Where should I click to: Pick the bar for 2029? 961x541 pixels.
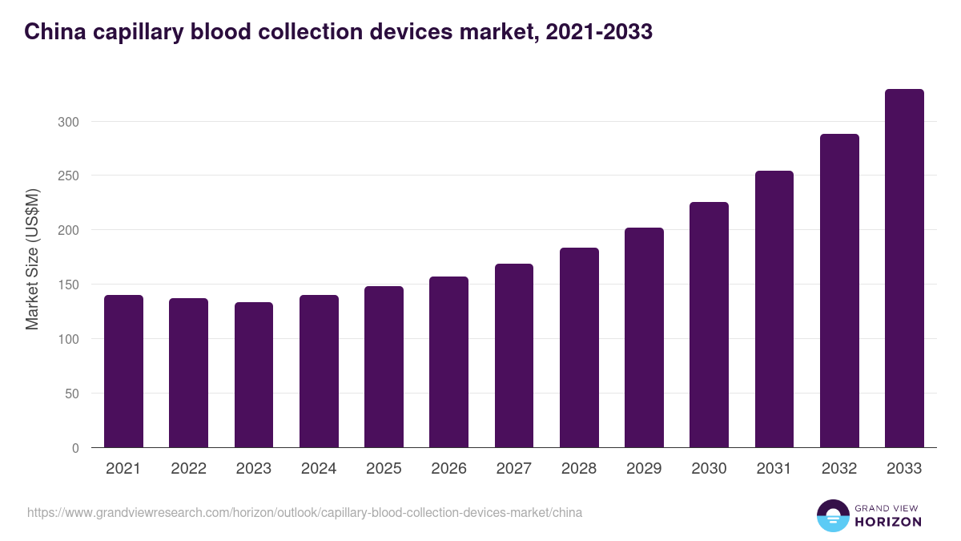tap(644, 337)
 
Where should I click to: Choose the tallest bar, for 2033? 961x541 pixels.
tap(904, 268)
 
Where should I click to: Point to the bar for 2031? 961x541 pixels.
tap(774, 309)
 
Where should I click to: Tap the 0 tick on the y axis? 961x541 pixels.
tap(75, 448)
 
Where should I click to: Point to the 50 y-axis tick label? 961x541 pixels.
tap(72, 394)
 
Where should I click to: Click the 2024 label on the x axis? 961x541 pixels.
tap(319, 469)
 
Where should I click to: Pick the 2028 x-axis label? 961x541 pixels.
tap(579, 469)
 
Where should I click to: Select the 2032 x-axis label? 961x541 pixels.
tap(839, 469)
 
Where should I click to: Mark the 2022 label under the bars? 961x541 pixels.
tap(188, 469)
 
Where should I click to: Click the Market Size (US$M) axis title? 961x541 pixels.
tap(32, 260)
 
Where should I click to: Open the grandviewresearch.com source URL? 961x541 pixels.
tap(304, 512)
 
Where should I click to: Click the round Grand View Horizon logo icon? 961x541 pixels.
tap(832, 515)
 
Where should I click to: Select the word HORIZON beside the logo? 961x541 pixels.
tap(888, 522)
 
